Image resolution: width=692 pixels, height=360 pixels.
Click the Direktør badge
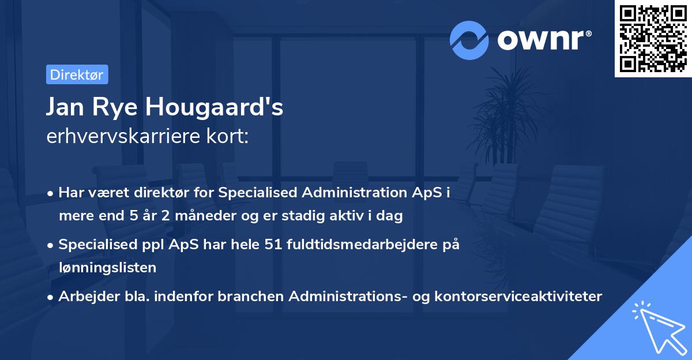(77, 74)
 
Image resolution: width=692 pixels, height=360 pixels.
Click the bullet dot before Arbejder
(51, 297)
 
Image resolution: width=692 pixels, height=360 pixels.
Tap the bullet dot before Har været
(51, 193)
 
